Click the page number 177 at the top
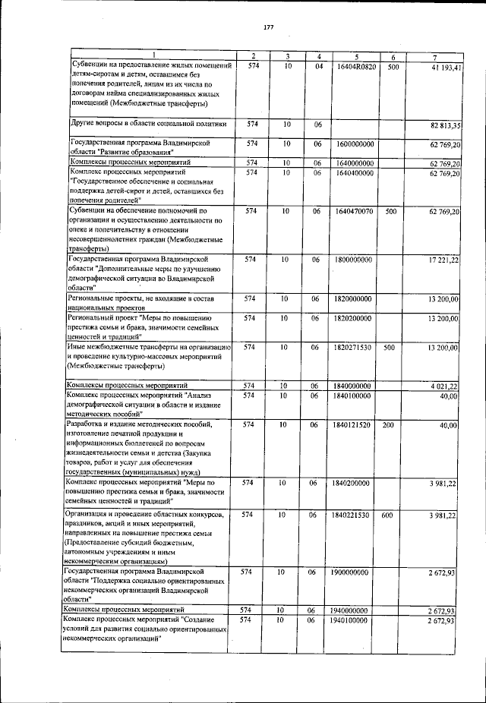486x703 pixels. tap(268, 28)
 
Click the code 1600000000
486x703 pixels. tap(353, 143)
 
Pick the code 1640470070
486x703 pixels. tap(353, 211)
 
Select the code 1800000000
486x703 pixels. tap(353, 260)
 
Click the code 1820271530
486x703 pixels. tap(353, 348)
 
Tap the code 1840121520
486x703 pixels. tap(353, 425)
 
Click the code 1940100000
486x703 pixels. tap(353, 621)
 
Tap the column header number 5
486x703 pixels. tap(355, 57)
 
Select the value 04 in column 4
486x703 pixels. tap(319, 67)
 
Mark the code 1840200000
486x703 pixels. tap(353, 483)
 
